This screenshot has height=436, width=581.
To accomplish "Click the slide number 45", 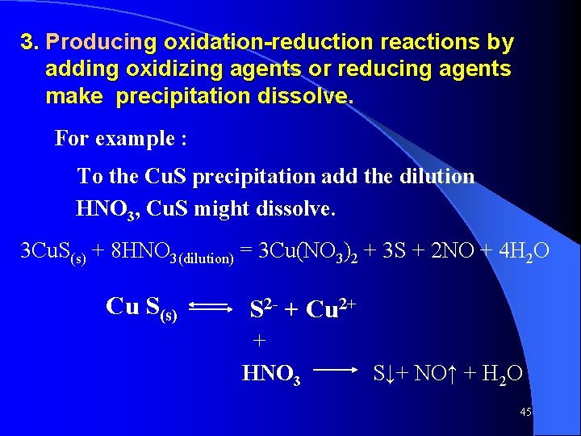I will [x=525, y=412].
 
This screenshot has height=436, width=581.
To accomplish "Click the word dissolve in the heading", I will [x=305, y=97].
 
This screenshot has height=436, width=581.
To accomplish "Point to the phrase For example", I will [x=121, y=138].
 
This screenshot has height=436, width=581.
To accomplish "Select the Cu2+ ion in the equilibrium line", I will [x=332, y=308].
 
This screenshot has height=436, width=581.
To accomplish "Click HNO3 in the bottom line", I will [x=271, y=374].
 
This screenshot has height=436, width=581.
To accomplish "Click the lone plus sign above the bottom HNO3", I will [x=260, y=341].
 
